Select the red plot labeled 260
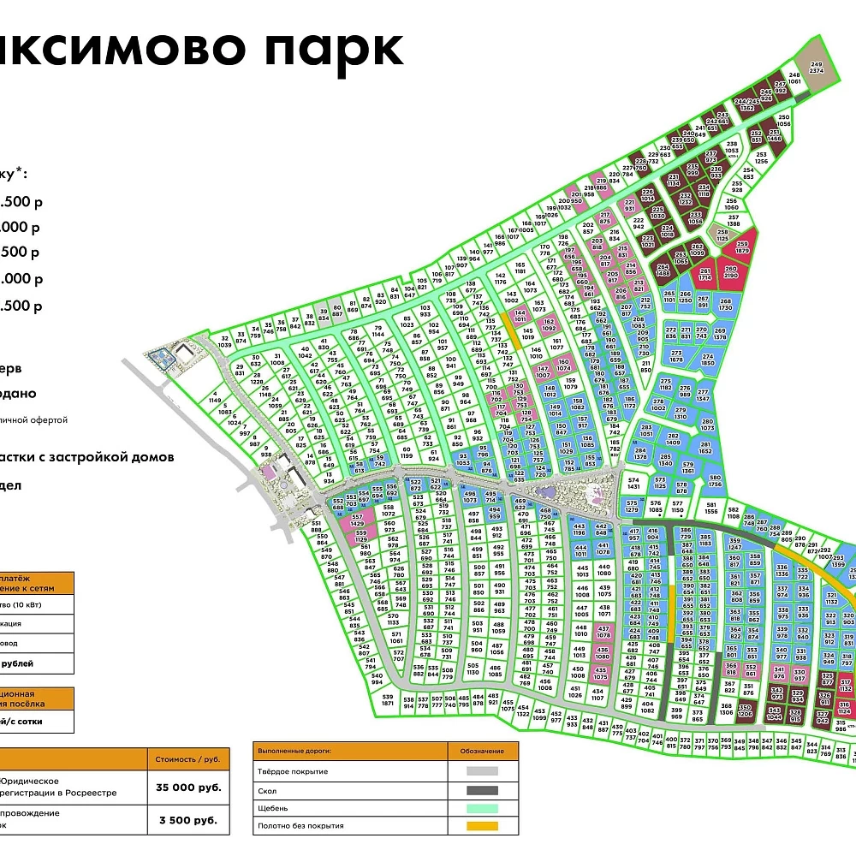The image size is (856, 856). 729,272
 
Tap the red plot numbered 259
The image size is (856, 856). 741,248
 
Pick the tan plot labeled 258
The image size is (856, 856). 723,233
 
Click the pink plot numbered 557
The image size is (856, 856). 358,520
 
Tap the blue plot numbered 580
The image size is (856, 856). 716,482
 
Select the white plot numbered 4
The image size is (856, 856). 215,397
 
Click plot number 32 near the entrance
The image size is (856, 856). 225,342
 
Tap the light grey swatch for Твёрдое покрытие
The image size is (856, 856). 483,773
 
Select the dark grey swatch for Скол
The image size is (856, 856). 483,790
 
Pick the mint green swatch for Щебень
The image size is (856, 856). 483,808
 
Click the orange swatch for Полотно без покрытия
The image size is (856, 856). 483,826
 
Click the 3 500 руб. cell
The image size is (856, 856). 189,819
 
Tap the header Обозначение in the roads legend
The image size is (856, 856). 484,752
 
